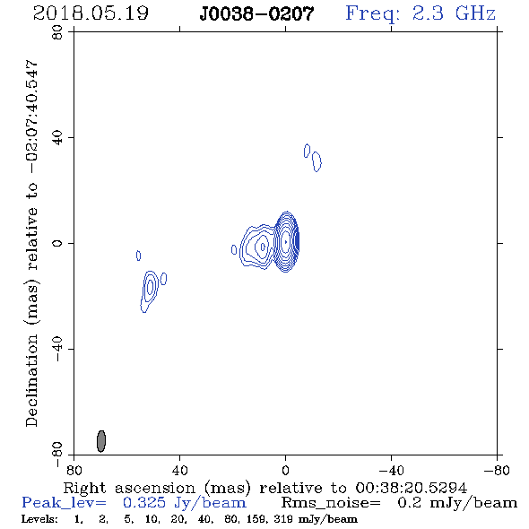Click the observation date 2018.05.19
[91, 13]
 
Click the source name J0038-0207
[256, 13]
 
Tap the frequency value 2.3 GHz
[454, 13]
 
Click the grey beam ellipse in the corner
[101, 441]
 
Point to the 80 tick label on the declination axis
[57, 32]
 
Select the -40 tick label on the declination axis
[57, 349]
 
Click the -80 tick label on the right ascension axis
[497, 470]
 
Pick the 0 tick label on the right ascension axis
[285, 470]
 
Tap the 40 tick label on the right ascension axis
[180, 470]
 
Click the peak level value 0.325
[144, 503]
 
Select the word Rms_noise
[331, 503]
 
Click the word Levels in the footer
[39, 518]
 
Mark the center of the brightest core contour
[286, 241]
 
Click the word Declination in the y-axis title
[31, 380]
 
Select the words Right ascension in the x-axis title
[129, 488]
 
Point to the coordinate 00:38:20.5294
[412, 488]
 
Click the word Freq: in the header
[373, 14]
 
